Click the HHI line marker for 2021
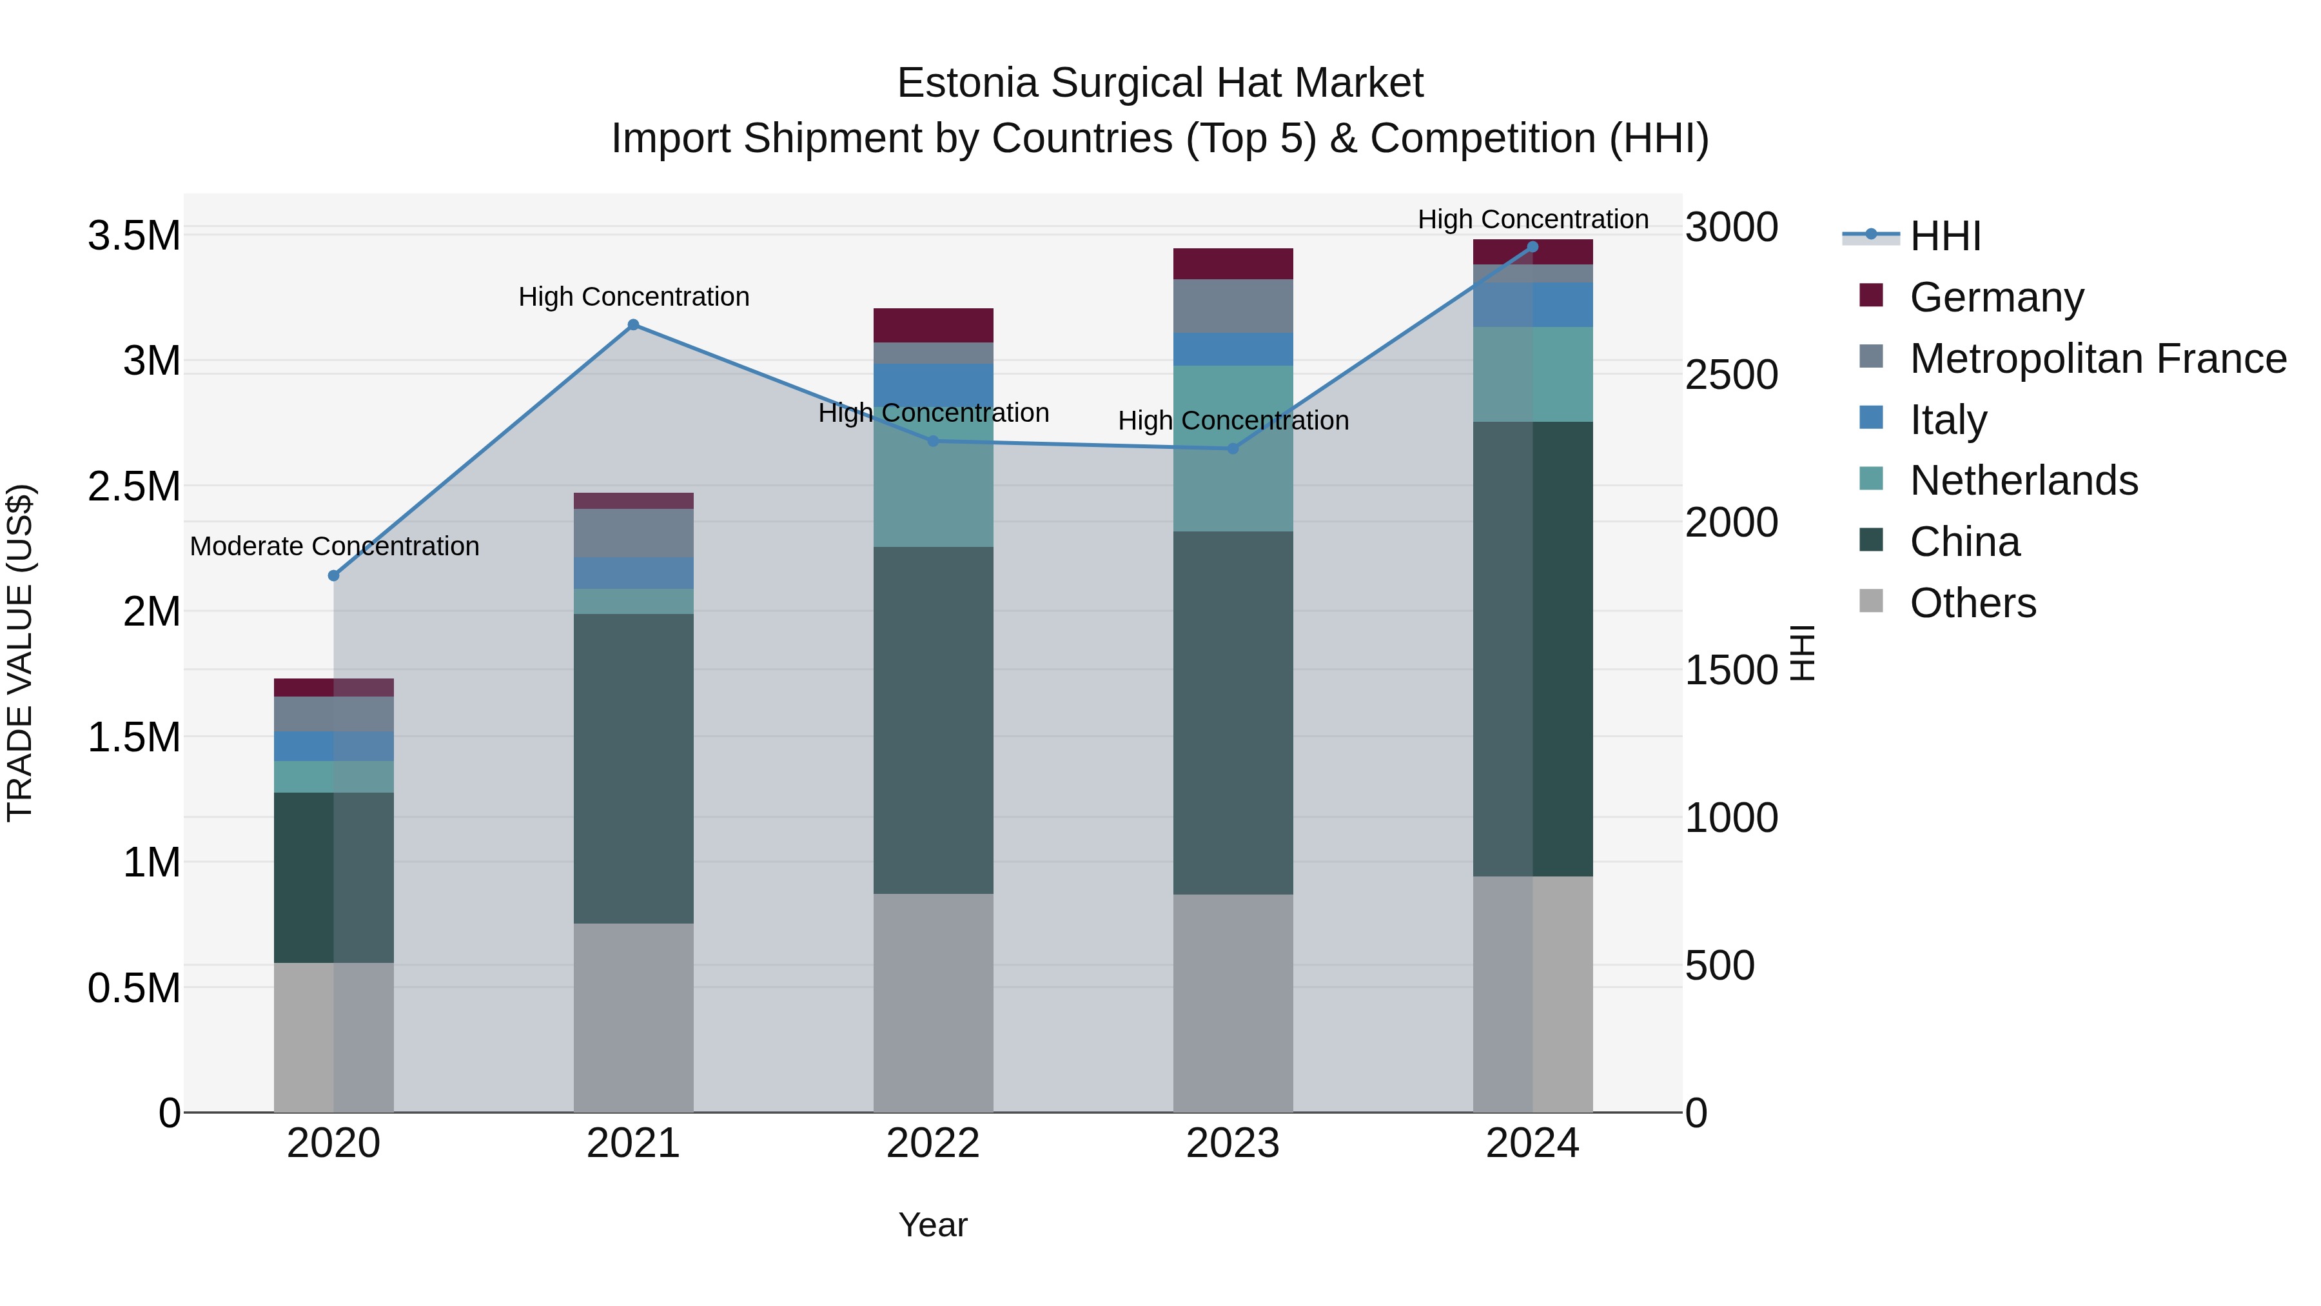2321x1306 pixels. click(633, 324)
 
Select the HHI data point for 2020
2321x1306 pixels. click(333, 575)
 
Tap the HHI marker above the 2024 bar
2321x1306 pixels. click(1533, 247)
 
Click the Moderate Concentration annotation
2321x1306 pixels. click(334, 546)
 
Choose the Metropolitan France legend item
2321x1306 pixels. click(2097, 359)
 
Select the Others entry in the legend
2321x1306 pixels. click(1972, 603)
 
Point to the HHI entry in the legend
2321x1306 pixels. click(1944, 236)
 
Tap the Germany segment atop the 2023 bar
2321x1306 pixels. click(1233, 263)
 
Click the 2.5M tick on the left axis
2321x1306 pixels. click(133, 487)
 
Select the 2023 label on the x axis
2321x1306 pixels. click(1233, 1143)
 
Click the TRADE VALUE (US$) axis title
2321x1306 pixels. click(20, 653)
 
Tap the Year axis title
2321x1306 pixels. click(932, 1225)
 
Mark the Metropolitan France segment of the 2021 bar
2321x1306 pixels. click(633, 533)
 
